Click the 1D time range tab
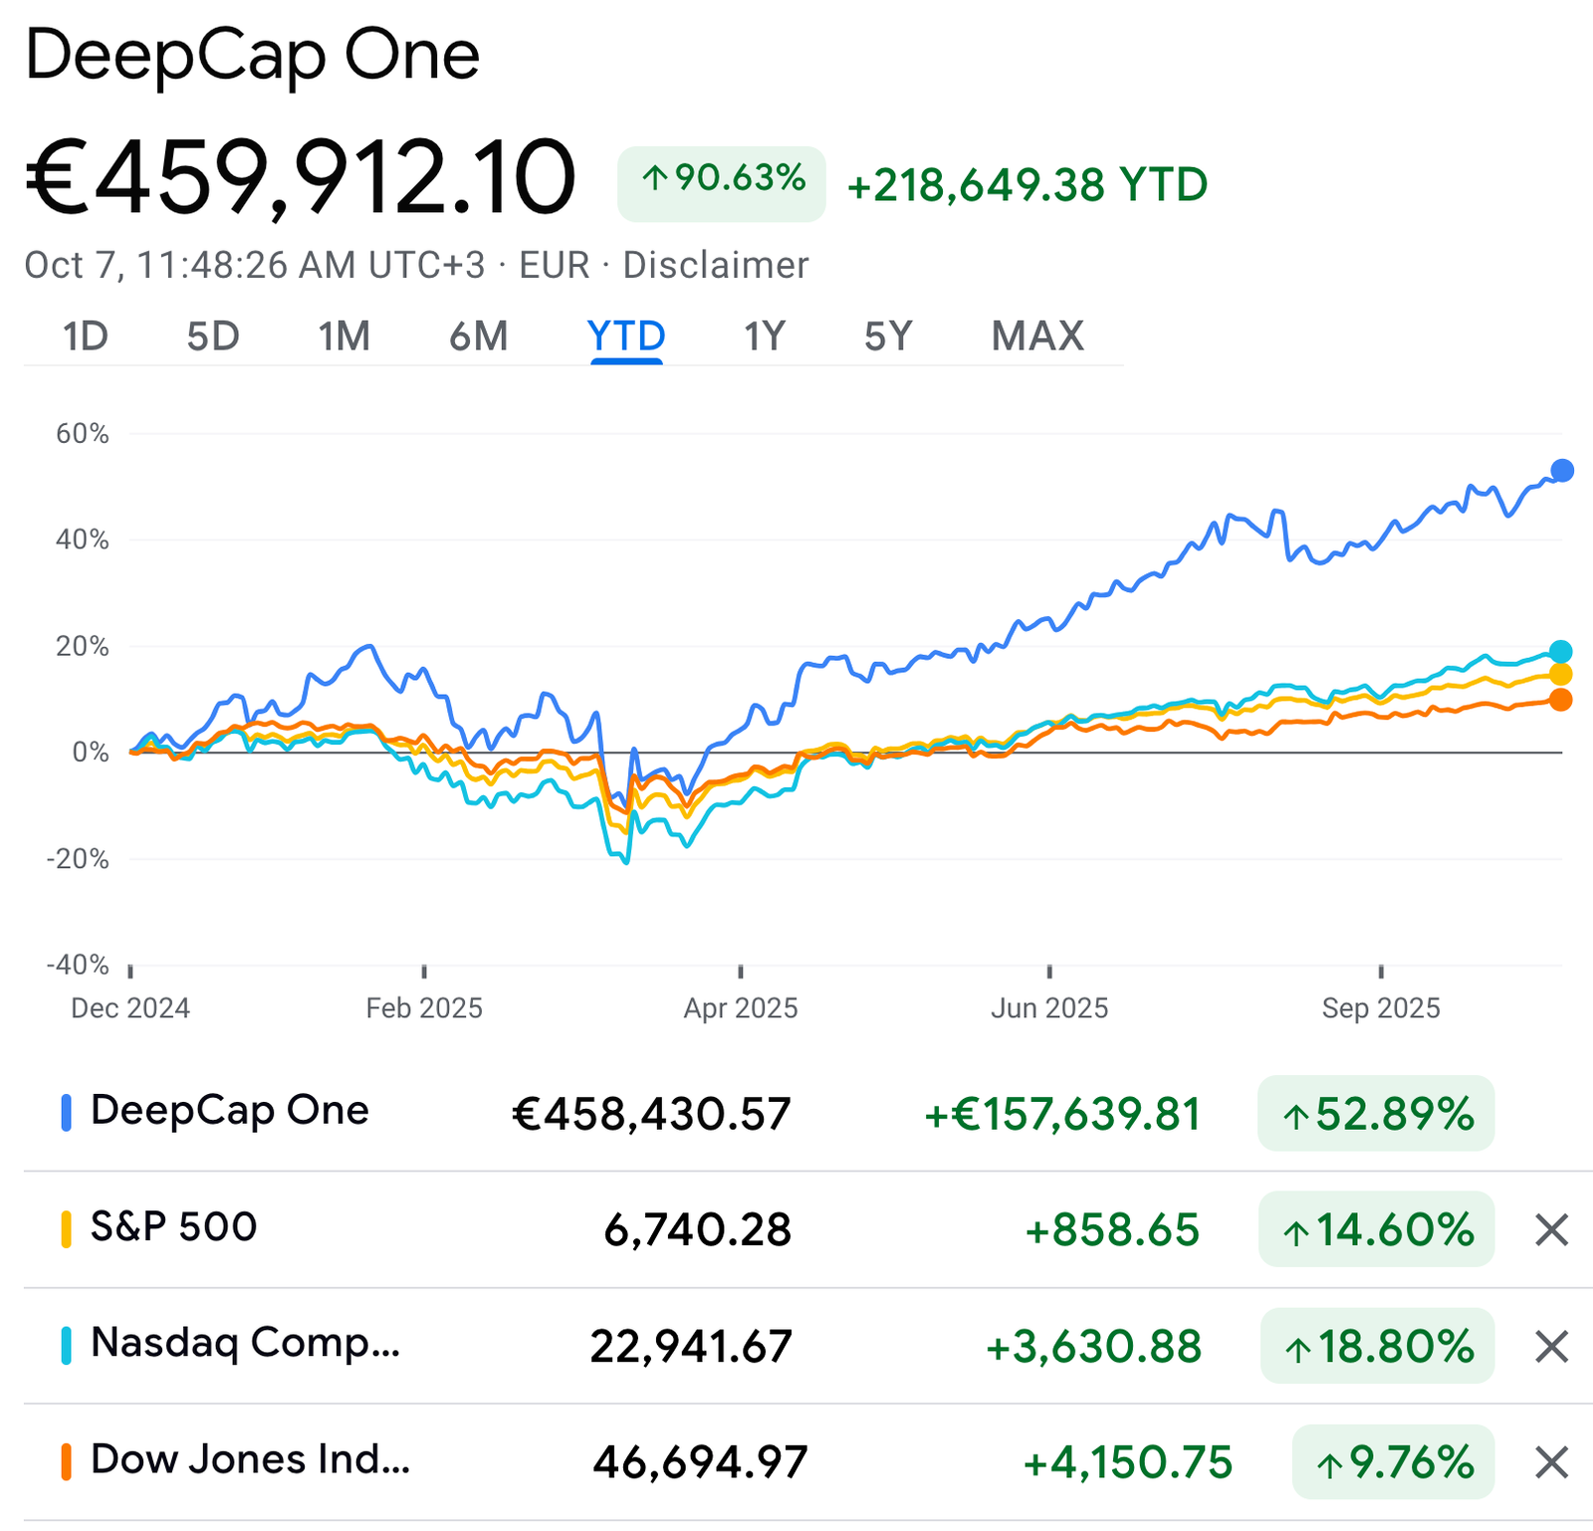click(x=85, y=336)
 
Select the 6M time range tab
click(x=478, y=336)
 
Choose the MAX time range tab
click(x=1037, y=336)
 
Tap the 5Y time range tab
click(x=888, y=336)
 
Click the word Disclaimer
click(x=715, y=266)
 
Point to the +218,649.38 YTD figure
click(x=1026, y=185)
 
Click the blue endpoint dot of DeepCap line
click(x=1562, y=471)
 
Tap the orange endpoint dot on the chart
click(x=1561, y=700)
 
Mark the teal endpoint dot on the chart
click(x=1561, y=652)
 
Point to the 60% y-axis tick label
click(x=83, y=434)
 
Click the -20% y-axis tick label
click(x=78, y=858)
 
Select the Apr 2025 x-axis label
click(x=741, y=1008)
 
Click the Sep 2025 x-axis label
click(x=1381, y=1008)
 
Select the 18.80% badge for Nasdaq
click(x=1378, y=1347)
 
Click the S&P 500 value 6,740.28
click(x=697, y=1230)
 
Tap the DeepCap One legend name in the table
click(x=229, y=1111)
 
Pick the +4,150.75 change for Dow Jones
click(x=1128, y=1463)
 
